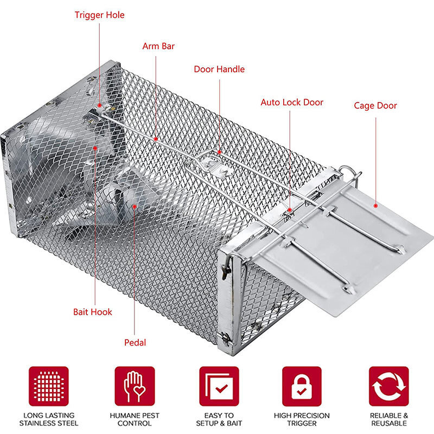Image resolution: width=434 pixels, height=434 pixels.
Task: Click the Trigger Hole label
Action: pyautogui.click(x=99, y=15)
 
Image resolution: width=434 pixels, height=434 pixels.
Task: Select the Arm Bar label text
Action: pyautogui.click(x=158, y=46)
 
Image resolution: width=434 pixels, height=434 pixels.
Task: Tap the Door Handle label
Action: pyautogui.click(x=219, y=69)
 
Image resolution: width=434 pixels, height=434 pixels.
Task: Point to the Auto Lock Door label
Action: pyautogui.click(x=291, y=102)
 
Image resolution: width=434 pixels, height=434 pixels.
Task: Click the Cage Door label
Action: pyautogui.click(x=375, y=105)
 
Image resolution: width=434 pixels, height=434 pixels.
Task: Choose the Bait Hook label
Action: pyautogui.click(x=93, y=312)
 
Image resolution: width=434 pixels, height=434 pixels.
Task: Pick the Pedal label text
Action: pyautogui.click(x=135, y=342)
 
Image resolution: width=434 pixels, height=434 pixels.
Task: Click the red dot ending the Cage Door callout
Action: pyautogui.click(x=375, y=206)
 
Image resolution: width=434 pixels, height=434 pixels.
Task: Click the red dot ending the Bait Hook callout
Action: pyautogui.click(x=94, y=147)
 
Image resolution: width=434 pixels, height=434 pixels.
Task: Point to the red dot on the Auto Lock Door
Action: pyautogui.click(x=290, y=209)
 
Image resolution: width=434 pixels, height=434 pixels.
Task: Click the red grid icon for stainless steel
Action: pyautogui.click(x=49, y=386)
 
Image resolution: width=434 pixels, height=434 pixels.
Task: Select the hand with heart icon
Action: pyautogui.click(x=135, y=386)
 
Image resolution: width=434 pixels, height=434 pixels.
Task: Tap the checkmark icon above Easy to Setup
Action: pyautogui.click(x=219, y=386)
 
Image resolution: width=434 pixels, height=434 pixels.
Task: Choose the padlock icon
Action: pyautogui.click(x=302, y=386)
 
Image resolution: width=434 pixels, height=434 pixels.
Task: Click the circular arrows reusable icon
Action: pyautogui.click(x=388, y=386)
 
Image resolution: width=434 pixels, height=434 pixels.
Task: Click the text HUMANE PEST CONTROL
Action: pyautogui.click(x=135, y=419)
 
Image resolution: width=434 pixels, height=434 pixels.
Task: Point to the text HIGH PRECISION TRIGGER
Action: pyautogui.click(x=302, y=419)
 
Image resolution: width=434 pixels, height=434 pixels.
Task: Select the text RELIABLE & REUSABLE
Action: pyautogui.click(x=388, y=419)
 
